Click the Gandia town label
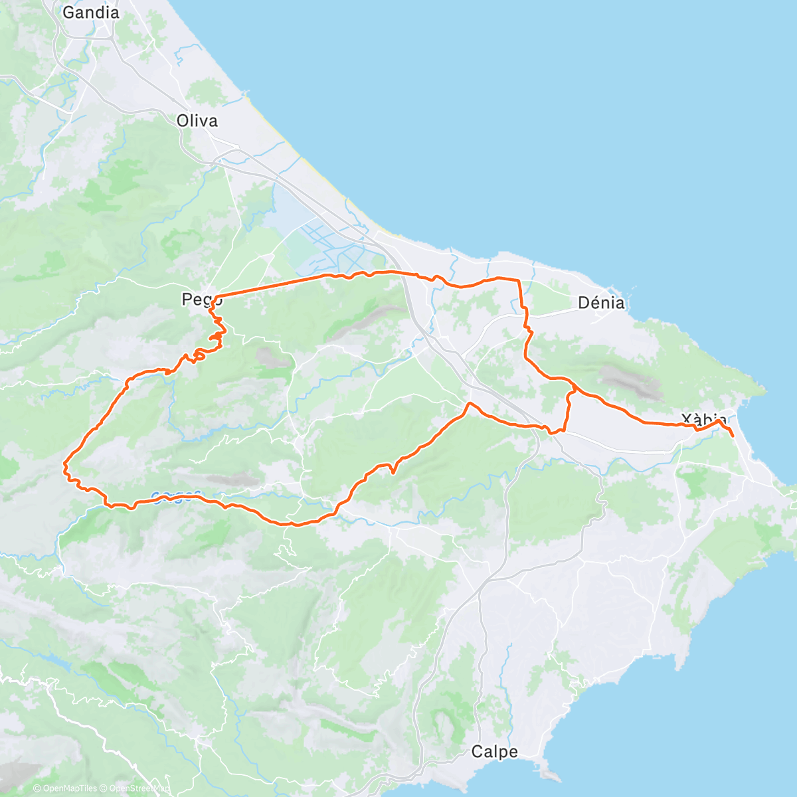point(91,12)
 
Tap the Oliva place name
point(197,121)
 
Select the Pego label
point(197,300)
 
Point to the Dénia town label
point(601,303)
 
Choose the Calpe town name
point(494,752)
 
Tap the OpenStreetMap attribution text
point(135,788)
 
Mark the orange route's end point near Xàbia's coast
point(732,435)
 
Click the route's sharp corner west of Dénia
point(518,281)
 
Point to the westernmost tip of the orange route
point(64,462)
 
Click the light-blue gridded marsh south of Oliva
point(325,242)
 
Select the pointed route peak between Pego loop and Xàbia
point(470,403)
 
